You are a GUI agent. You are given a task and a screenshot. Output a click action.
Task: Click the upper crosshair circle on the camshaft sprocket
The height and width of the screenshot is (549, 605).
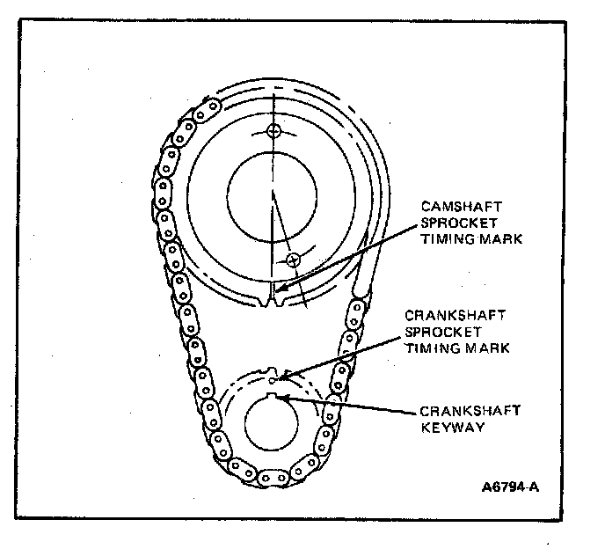pyautogui.click(x=275, y=131)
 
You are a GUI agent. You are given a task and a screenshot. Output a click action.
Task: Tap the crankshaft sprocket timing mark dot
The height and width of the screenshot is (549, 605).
pyautogui.click(x=273, y=381)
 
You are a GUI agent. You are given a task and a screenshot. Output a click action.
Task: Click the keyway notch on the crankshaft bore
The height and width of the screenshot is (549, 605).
pyautogui.click(x=279, y=399)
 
